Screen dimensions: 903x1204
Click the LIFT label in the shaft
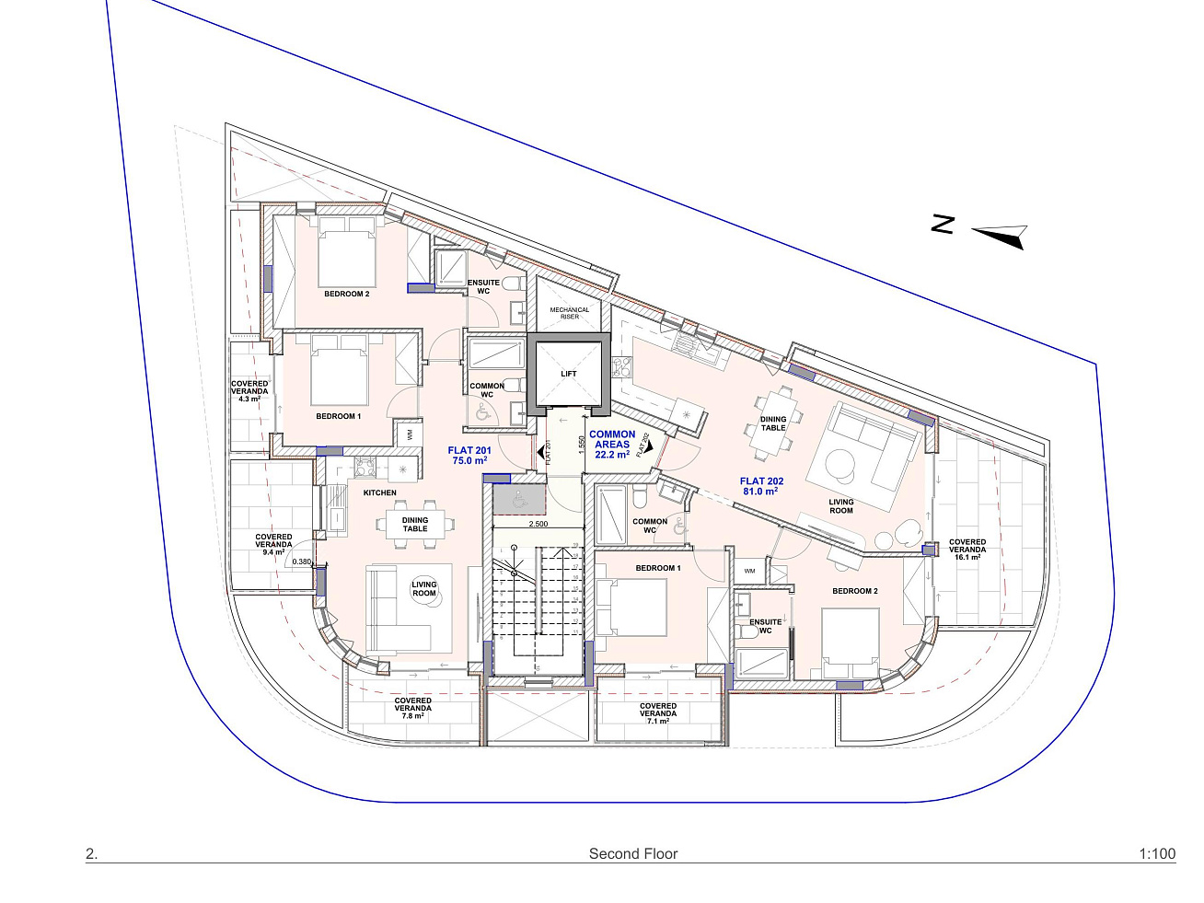click(569, 374)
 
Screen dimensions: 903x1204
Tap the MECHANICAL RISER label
click(570, 313)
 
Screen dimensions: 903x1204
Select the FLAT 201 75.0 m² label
click(469, 456)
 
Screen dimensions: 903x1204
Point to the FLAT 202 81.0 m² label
click(761, 486)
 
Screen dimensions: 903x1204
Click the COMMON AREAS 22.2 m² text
click(612, 445)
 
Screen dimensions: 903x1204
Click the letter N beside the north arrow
click(944, 224)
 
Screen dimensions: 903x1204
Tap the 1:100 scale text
click(1157, 853)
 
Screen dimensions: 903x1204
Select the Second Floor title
click(633, 853)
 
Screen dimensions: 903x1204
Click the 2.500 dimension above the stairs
click(538, 524)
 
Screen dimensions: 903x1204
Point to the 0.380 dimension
click(302, 561)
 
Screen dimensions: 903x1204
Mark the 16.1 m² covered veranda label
click(967, 550)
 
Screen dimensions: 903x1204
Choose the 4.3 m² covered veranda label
click(249, 391)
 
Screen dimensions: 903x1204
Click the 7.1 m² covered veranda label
click(658, 713)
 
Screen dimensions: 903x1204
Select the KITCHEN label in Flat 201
click(379, 492)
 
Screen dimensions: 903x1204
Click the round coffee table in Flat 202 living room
click(839, 462)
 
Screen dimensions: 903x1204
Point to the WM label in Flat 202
click(749, 571)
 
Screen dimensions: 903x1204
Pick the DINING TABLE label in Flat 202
click(773, 423)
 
